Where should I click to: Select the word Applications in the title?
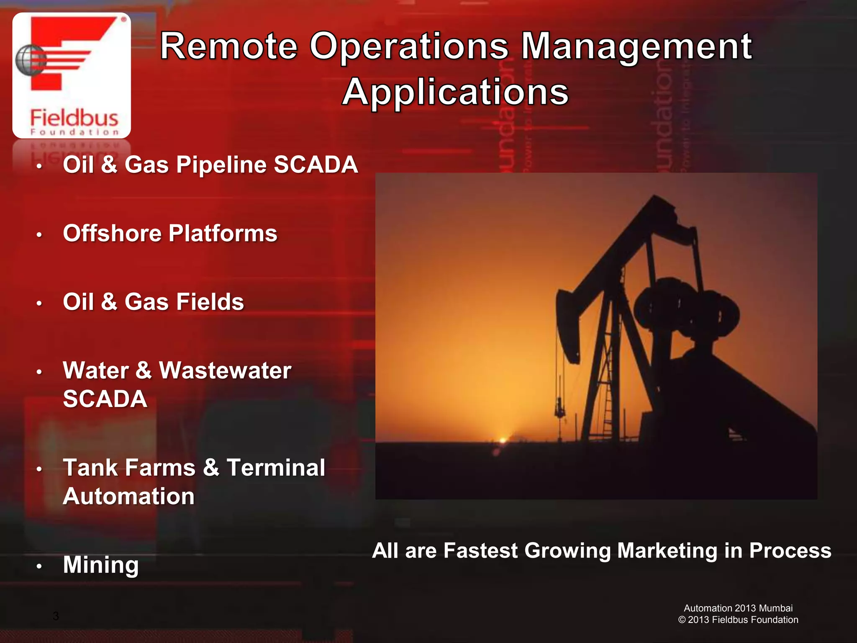click(455, 92)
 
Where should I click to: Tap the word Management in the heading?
click(636, 47)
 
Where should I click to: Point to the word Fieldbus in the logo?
click(74, 118)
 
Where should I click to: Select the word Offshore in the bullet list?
click(112, 233)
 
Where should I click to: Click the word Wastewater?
click(225, 370)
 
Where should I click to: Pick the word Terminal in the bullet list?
click(276, 468)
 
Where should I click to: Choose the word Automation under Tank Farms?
click(128, 496)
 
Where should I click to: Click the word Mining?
click(101, 565)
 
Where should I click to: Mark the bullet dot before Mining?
click(39, 566)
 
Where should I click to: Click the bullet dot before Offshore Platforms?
click(39, 235)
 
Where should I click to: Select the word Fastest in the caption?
click(480, 550)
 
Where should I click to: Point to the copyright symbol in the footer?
click(682, 620)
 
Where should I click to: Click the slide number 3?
click(56, 616)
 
